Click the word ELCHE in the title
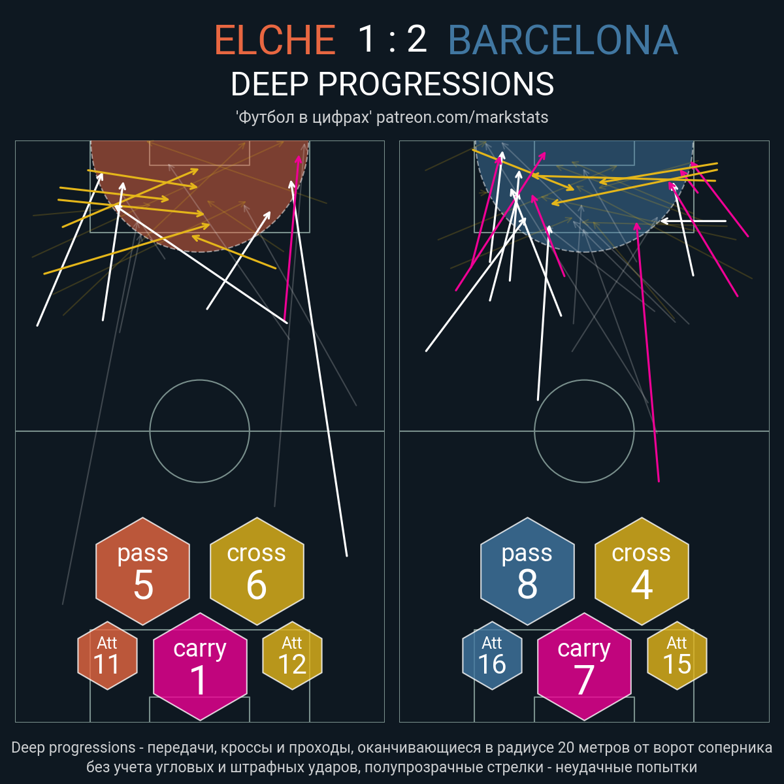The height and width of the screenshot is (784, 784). tap(275, 39)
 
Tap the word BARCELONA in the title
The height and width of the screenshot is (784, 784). tap(563, 39)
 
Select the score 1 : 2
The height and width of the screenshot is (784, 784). tap(392, 39)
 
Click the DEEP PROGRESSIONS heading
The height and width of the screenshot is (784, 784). tap(392, 84)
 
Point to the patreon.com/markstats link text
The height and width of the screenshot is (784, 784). tap(462, 118)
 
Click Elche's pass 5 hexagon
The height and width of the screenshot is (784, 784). tap(143, 571)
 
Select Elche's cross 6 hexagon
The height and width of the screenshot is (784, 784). tap(257, 571)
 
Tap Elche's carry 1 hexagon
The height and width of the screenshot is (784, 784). tap(200, 666)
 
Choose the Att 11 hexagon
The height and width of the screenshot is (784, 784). tap(107, 655)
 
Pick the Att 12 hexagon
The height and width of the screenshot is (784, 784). tap(292, 655)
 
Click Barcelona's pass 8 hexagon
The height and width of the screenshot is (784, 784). tap(527, 571)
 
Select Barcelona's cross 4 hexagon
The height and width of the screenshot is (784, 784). tap(642, 571)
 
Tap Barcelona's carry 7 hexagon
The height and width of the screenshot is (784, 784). tap(584, 666)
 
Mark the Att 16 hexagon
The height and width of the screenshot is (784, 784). tap(492, 655)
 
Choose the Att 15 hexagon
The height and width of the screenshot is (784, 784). tap(677, 655)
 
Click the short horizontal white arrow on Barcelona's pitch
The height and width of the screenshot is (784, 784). tap(694, 221)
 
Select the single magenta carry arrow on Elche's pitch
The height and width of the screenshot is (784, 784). tap(291, 238)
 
